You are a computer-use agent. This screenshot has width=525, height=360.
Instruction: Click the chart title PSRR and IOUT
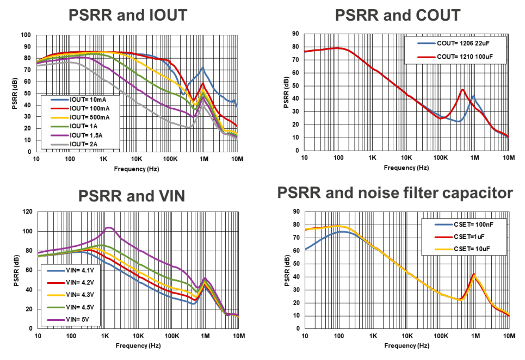click(128, 15)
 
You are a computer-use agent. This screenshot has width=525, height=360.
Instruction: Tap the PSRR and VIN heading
click(128, 195)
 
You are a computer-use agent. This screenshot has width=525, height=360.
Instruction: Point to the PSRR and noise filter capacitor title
click(395, 193)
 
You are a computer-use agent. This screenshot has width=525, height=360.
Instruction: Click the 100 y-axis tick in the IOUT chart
click(25, 35)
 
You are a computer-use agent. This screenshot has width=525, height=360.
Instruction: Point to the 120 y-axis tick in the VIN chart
click(25, 212)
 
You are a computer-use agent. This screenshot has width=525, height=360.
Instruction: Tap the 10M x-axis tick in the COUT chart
click(509, 158)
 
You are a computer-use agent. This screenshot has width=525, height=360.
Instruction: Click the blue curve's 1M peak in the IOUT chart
click(202, 68)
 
